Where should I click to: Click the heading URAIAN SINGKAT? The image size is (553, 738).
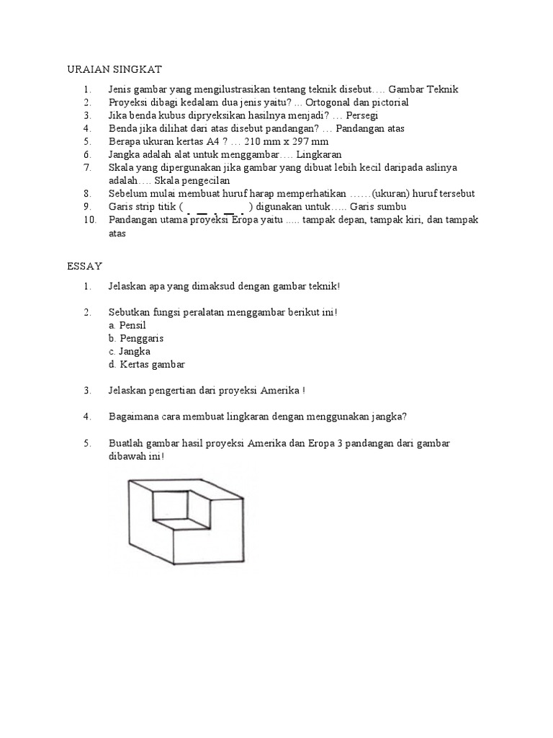pos(114,69)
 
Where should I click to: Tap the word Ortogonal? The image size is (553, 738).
pos(333,102)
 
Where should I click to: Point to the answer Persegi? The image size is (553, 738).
pos(362,115)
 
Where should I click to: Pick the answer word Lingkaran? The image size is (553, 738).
pos(318,154)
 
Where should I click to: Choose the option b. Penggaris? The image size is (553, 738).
pos(136,338)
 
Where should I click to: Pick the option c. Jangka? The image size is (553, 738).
pos(130,351)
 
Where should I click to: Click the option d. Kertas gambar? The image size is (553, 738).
pos(147,365)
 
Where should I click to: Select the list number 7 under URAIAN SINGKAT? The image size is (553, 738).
pos(87,167)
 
